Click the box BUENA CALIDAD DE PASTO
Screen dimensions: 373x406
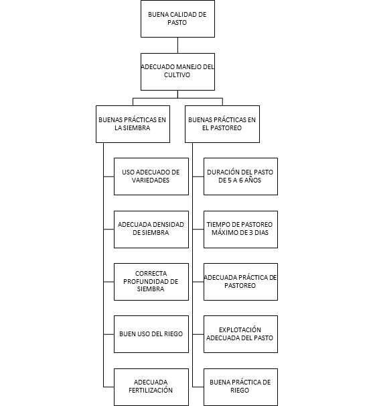coord(177,19)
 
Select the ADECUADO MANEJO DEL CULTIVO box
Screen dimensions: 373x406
coord(177,72)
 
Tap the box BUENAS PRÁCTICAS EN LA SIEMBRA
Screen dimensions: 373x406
coord(133,124)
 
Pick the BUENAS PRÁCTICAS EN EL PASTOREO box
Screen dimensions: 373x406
coord(222,124)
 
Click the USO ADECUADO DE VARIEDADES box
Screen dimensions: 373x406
coord(151,176)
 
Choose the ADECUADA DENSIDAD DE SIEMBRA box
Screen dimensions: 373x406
coord(151,230)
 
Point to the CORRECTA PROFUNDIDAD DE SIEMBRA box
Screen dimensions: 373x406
coord(151,282)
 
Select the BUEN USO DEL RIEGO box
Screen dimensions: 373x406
coord(151,334)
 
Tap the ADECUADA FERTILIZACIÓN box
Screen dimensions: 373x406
coord(151,387)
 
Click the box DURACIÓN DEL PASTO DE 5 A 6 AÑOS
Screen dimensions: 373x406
coord(240,176)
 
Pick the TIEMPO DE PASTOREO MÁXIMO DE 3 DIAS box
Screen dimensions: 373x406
coord(240,230)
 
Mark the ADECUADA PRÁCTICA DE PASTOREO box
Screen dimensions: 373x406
coord(240,282)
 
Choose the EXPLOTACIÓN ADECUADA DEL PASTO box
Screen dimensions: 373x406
coord(240,334)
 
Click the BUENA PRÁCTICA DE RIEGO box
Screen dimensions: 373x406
coord(240,387)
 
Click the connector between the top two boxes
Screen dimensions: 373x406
coord(177,46)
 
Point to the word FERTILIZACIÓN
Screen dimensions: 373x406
coord(151,390)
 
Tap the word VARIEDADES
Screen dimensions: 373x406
coord(151,181)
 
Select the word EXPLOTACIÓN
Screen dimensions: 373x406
coord(240,329)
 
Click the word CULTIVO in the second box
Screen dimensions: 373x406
coord(177,75)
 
